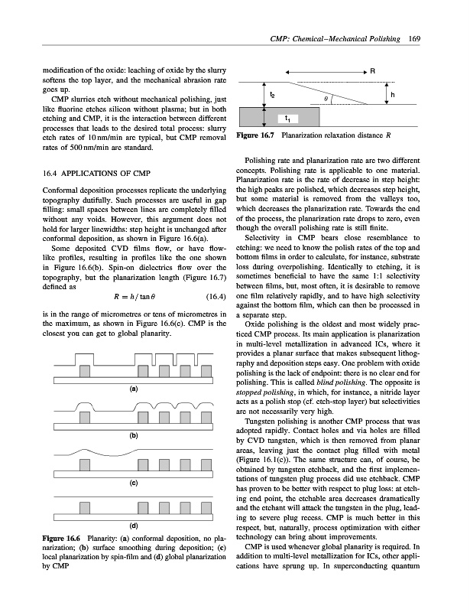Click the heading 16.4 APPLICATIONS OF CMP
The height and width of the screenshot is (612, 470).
coord(89,172)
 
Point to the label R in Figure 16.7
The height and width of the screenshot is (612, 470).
coord(372,70)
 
